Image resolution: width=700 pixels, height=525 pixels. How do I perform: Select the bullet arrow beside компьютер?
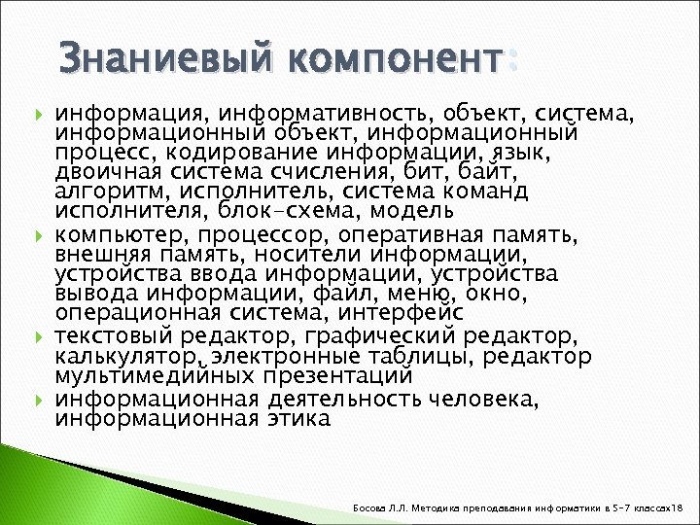(x=39, y=236)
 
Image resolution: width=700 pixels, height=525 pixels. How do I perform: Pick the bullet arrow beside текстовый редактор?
(x=39, y=337)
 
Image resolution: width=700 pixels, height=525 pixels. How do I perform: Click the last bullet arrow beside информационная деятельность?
(x=39, y=400)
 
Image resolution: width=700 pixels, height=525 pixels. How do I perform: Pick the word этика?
(x=297, y=419)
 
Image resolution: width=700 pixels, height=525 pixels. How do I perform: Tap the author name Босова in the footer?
(x=376, y=507)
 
